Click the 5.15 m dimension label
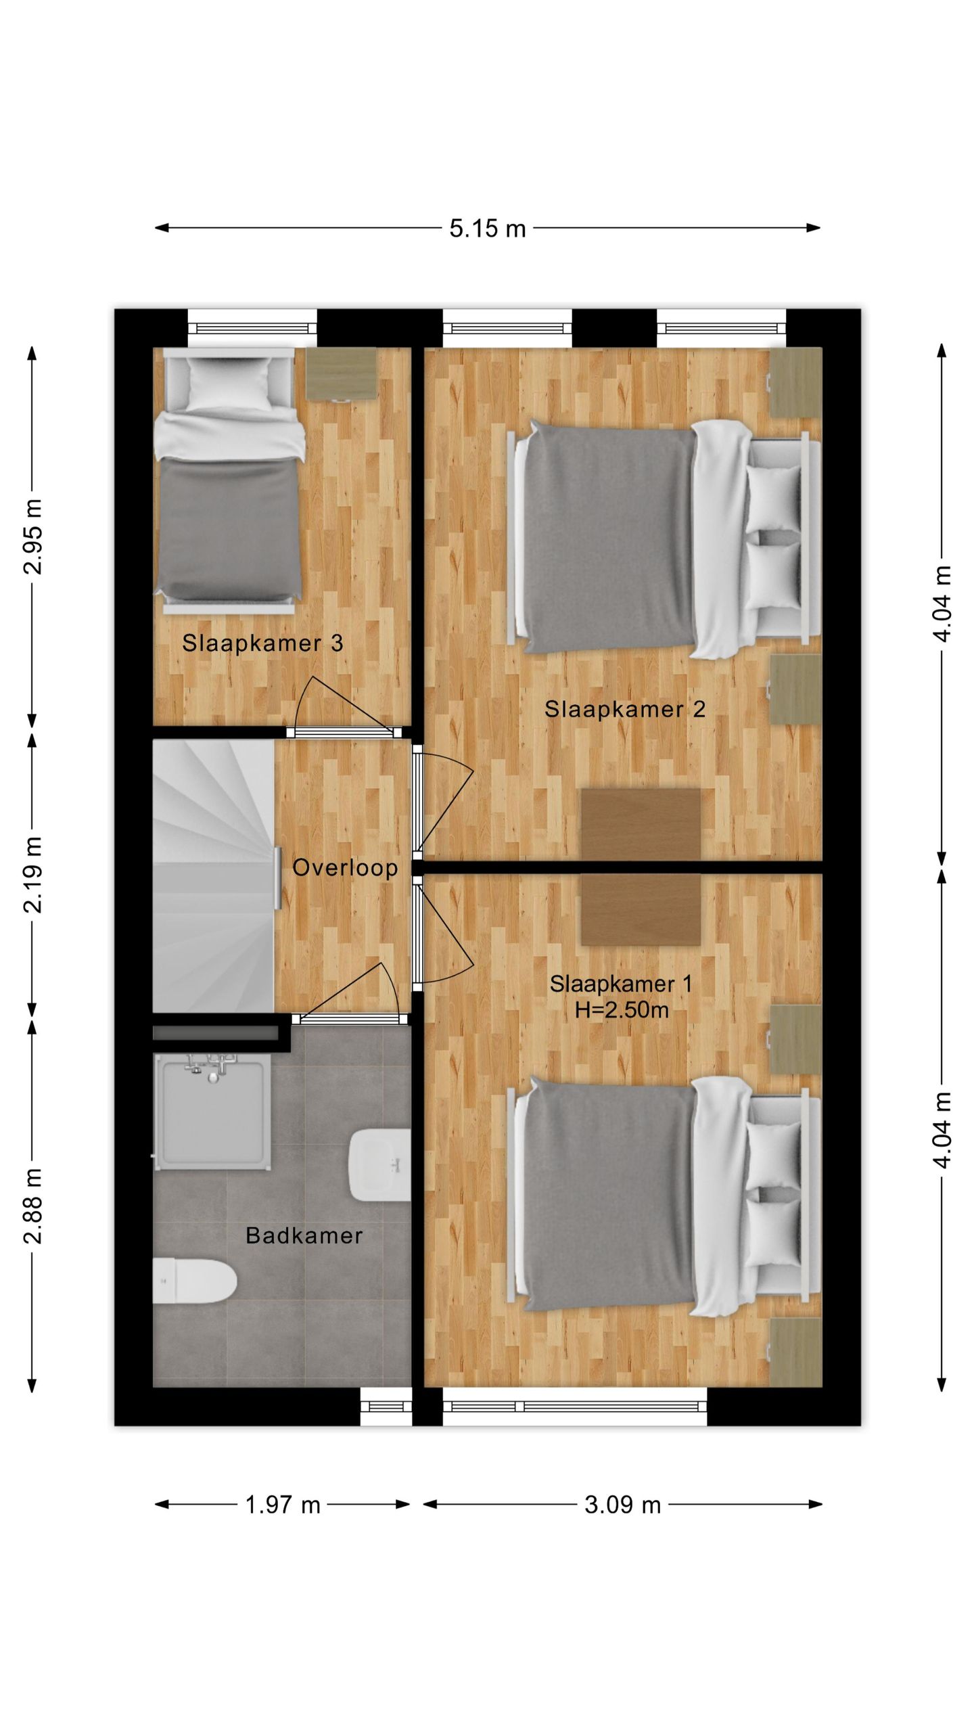point(487,228)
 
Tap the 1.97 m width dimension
point(282,1505)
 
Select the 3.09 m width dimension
point(622,1505)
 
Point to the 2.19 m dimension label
point(33,874)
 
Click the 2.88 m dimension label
point(33,1206)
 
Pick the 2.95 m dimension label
point(33,537)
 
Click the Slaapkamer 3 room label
point(262,643)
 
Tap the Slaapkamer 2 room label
point(625,709)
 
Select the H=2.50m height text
point(622,1010)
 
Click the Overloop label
point(345,867)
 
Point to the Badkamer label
point(304,1235)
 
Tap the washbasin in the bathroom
point(379,1164)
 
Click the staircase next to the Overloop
point(214,875)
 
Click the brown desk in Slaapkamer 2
point(641,823)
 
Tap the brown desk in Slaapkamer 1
point(641,909)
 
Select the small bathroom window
point(386,1405)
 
